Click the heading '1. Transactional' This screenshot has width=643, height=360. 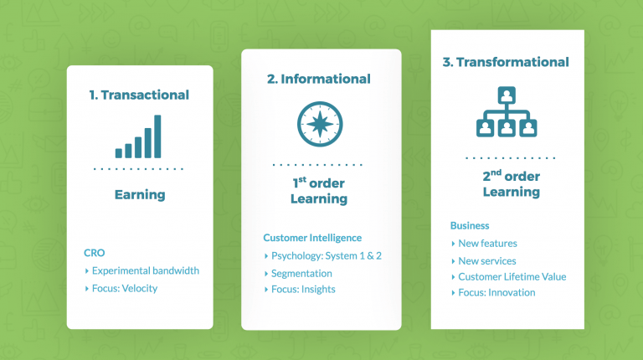139,95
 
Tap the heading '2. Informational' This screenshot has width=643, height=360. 318,79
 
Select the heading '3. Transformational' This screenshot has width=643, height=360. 505,62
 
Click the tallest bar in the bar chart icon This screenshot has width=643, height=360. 157,136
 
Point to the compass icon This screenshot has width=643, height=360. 319,123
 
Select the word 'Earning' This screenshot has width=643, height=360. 140,195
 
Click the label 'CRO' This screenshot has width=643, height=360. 94,252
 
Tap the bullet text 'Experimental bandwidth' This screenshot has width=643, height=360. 146,270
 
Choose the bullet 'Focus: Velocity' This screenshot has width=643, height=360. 125,289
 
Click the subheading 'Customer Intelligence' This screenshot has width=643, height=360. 312,238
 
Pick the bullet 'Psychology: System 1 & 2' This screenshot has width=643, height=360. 327,255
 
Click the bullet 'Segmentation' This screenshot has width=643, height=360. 301,274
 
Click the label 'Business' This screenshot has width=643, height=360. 470,225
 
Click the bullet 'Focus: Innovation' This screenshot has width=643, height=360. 496,293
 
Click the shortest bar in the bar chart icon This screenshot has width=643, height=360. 119,153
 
